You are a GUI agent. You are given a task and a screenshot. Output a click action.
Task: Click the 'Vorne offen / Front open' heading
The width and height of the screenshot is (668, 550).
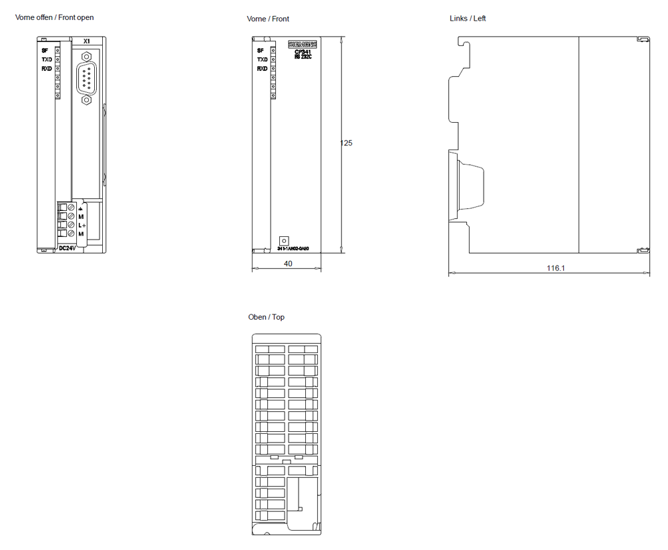[x=55, y=17]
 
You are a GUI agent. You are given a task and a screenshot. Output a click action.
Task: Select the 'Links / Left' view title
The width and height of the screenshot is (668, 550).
[x=468, y=18]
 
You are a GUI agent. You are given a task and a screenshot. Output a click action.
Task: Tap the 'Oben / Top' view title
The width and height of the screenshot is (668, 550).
[x=266, y=317]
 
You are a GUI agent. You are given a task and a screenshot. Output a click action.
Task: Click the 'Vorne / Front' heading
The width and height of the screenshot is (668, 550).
[x=268, y=19]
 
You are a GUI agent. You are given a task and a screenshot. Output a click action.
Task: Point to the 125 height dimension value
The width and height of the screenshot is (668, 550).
[x=346, y=143]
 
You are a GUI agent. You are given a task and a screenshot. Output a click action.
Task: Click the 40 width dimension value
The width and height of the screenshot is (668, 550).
[x=288, y=264]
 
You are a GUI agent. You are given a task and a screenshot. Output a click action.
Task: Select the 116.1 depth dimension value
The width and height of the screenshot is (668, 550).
[x=556, y=268]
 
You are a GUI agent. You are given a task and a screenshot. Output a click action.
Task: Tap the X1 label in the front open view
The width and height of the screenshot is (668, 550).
[x=86, y=41]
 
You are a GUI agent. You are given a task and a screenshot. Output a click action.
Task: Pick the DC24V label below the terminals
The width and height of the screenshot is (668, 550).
[x=67, y=248]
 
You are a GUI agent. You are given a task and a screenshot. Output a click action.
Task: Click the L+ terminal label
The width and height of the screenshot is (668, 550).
[x=81, y=226]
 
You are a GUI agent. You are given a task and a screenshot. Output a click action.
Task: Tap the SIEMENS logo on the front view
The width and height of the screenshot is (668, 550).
[x=303, y=45]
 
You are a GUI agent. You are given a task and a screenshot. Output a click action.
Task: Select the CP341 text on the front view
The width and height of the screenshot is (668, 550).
[x=303, y=52]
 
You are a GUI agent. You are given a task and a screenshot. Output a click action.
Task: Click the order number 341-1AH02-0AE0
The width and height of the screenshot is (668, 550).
[x=293, y=249]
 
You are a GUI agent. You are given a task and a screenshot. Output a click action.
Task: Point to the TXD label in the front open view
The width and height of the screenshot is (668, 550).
[x=47, y=59]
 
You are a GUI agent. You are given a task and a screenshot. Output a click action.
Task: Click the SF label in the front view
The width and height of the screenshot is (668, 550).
[x=261, y=50]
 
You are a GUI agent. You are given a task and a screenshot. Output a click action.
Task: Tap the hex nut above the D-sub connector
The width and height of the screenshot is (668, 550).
[x=86, y=53]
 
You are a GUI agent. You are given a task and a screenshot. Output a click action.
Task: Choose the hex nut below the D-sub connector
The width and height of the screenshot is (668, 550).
[x=86, y=100]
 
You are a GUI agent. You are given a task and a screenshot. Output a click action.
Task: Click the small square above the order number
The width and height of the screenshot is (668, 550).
[x=283, y=240]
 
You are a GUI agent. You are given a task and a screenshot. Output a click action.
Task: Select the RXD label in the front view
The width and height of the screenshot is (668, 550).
[x=263, y=68]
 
